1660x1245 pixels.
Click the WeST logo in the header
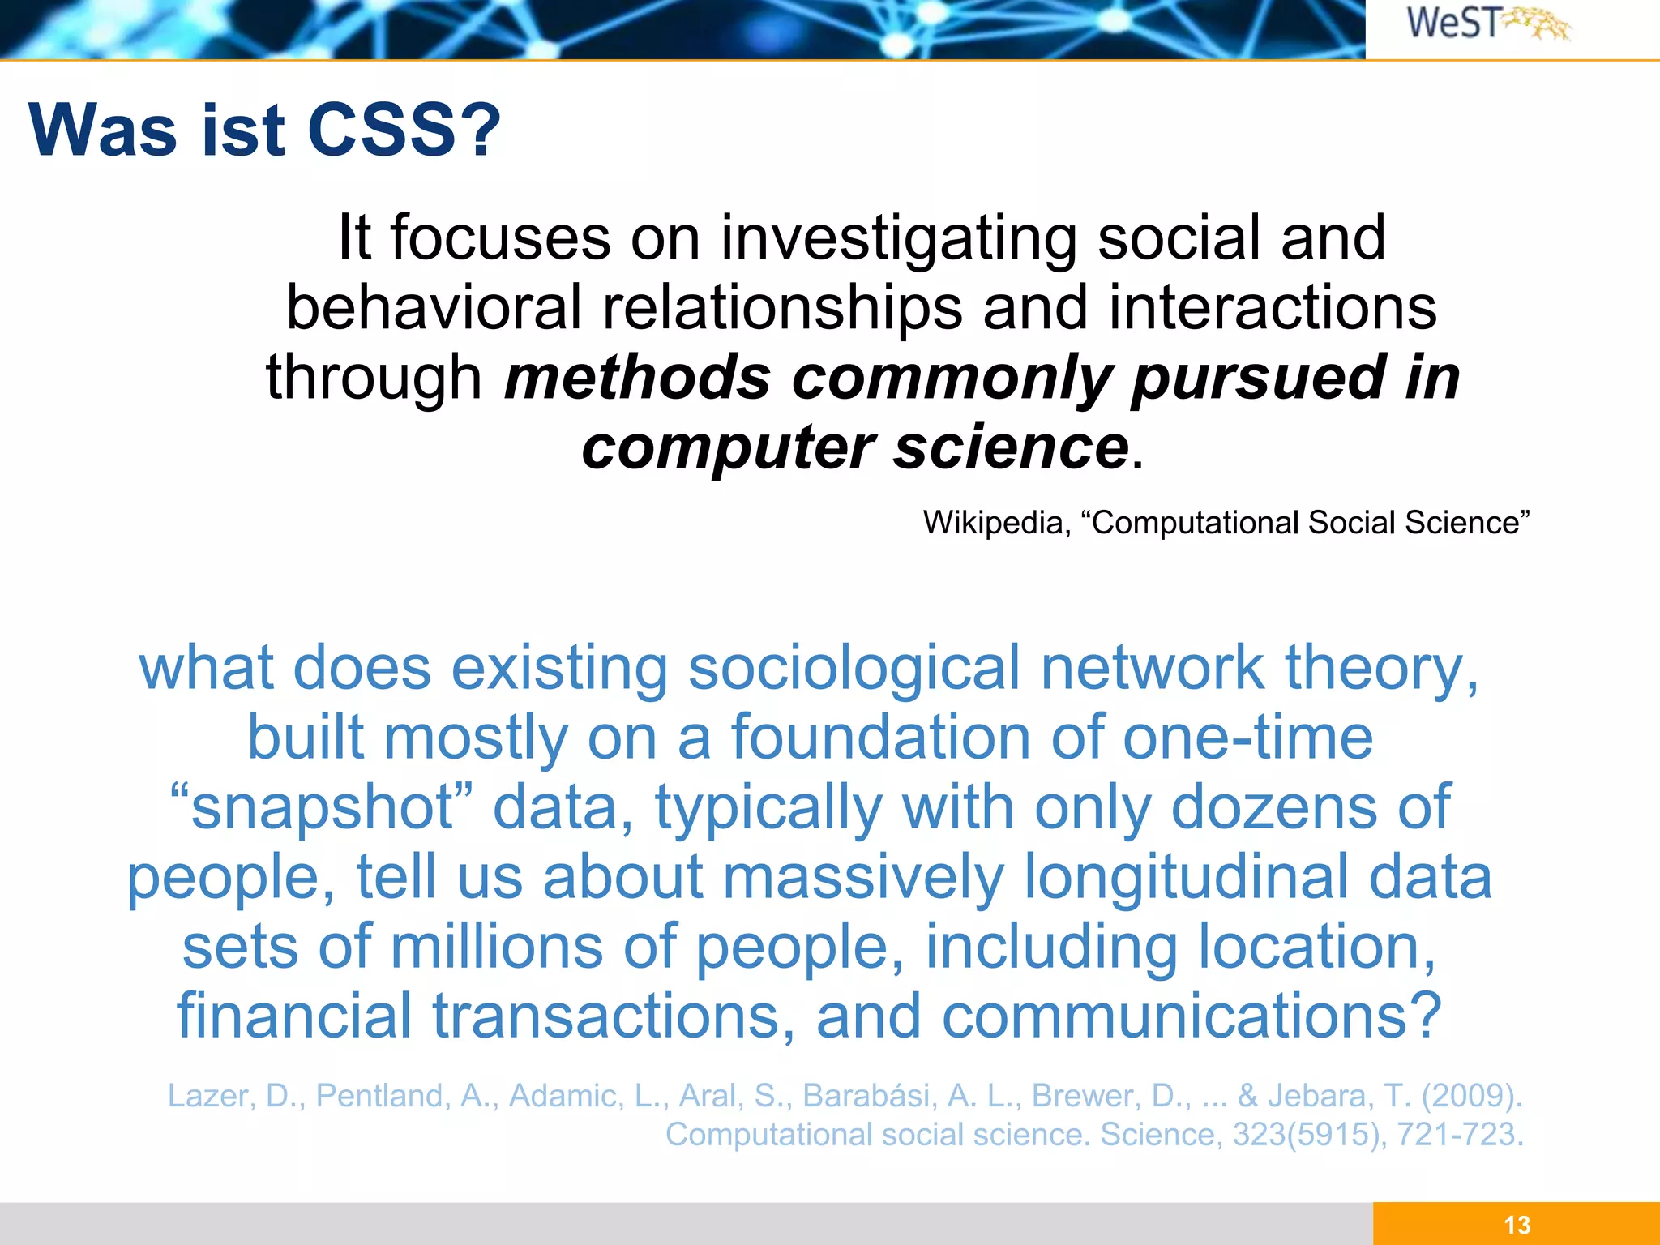coord(1487,24)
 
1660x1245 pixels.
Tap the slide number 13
coord(1517,1225)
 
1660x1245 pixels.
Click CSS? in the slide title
coord(404,130)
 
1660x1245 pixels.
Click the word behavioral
coord(434,308)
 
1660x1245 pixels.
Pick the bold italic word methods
coord(637,378)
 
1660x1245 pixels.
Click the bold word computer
coord(728,447)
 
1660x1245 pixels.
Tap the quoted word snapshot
coord(321,808)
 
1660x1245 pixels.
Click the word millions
coord(497,947)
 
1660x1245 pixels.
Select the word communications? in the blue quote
coord(1192,1016)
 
